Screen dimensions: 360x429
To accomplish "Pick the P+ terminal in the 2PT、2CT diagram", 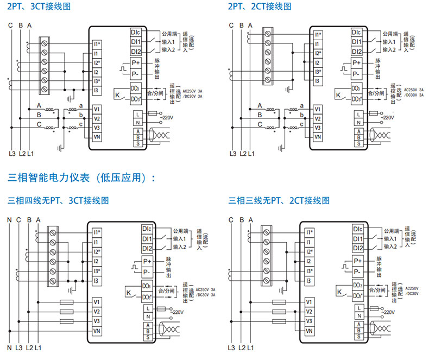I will [x=357, y=63].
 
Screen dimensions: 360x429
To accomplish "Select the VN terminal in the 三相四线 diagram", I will [x=96, y=331].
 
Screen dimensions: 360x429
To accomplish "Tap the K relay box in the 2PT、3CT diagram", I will [x=118, y=95].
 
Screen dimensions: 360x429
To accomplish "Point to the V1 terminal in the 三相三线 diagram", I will [x=308, y=301].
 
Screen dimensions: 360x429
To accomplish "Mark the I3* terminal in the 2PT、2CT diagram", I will [x=317, y=72].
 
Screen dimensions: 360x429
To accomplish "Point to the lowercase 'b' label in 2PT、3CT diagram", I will [x=81, y=115].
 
